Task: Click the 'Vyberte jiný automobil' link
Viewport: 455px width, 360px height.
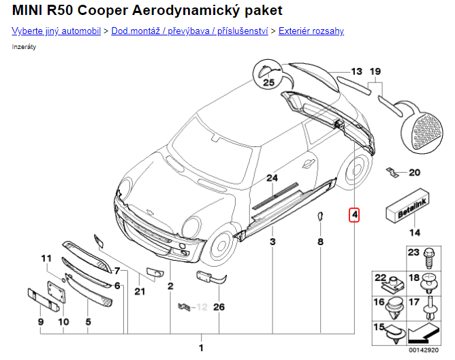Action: [x=57, y=31]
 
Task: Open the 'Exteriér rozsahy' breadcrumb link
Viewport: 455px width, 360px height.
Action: [x=311, y=31]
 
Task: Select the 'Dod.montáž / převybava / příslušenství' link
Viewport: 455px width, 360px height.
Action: [x=189, y=31]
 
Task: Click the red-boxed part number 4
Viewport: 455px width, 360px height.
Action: [x=354, y=216]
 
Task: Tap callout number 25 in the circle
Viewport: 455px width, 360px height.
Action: [x=268, y=83]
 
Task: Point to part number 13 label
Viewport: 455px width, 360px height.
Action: [x=358, y=71]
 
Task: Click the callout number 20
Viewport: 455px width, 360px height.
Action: [x=415, y=172]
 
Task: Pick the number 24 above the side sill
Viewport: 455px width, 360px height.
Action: [x=272, y=178]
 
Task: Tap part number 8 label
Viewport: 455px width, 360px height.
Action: [x=319, y=242]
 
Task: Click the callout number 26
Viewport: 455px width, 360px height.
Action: [x=219, y=307]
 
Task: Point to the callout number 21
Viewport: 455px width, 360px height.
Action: [x=140, y=292]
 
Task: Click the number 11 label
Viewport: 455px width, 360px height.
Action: [x=46, y=258]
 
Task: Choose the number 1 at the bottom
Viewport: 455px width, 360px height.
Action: [x=201, y=348]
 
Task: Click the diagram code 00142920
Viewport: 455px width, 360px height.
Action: [x=424, y=349]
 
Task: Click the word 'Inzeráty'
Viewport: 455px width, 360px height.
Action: [x=25, y=46]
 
